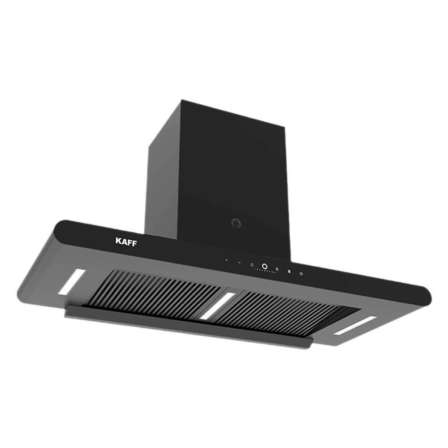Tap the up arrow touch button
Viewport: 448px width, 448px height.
click(x=227, y=260)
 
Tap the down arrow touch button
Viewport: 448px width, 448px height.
click(x=240, y=262)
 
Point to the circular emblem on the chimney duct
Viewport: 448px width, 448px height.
click(x=234, y=222)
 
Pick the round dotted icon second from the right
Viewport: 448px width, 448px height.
click(x=289, y=272)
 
